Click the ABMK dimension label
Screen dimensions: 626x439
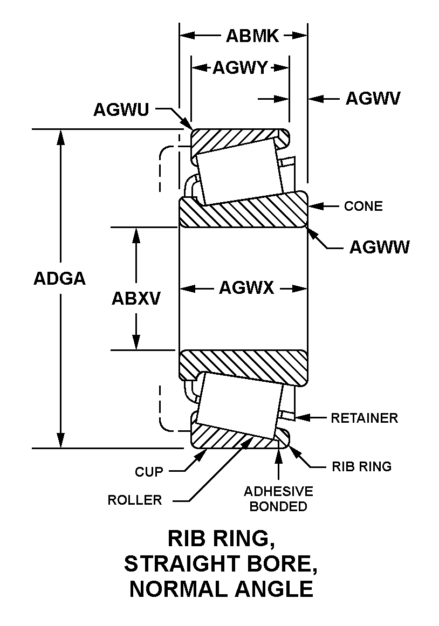[x=252, y=36]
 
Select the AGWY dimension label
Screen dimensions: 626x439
[x=240, y=68]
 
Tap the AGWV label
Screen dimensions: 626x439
[x=373, y=99]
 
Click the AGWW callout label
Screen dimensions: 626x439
[x=379, y=247]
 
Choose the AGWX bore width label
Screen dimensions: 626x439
[x=246, y=288]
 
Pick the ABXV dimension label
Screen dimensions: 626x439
[x=136, y=298]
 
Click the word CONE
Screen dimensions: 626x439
[x=363, y=206]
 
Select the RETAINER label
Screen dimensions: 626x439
[x=364, y=418]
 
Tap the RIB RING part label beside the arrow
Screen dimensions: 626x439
[x=361, y=466]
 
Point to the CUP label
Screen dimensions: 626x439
[x=149, y=472]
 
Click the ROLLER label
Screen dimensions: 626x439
[x=135, y=500]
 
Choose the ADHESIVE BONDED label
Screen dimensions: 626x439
[x=278, y=499]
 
